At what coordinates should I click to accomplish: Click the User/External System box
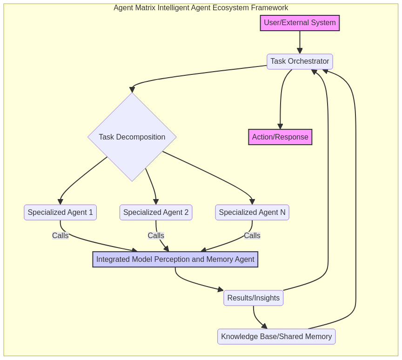click(300, 23)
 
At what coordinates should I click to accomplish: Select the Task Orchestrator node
click(300, 61)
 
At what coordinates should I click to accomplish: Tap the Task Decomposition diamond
click(132, 137)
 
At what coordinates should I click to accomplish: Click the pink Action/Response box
click(280, 137)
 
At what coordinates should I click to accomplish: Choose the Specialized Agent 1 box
click(60, 213)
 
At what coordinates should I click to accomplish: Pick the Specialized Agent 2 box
click(156, 213)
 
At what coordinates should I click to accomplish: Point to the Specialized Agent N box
click(252, 213)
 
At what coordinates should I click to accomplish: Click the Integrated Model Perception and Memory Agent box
click(175, 260)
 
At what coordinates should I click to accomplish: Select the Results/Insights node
click(254, 298)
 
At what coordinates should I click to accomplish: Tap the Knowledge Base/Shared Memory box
click(276, 337)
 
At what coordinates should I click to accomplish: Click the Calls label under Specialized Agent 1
click(60, 236)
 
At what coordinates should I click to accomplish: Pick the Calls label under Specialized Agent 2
click(156, 236)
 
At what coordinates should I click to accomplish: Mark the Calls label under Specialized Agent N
click(252, 236)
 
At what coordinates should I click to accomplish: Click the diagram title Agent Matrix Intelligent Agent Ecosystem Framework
click(201, 8)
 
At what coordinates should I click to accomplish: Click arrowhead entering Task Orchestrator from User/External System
click(300, 51)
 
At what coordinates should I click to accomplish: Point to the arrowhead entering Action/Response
click(280, 127)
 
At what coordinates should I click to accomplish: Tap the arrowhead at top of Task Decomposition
click(133, 89)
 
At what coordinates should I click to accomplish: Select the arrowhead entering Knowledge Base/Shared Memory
click(264, 326)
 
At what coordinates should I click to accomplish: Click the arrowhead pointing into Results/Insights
click(221, 289)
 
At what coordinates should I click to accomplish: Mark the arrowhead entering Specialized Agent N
click(252, 202)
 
